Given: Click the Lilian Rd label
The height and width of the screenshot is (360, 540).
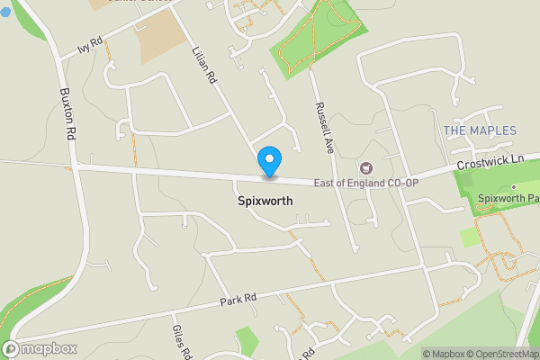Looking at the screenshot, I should pos(205,67).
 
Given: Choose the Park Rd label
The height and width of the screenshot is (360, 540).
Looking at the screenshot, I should pos(238,299).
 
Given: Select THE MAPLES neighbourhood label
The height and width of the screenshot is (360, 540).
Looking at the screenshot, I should pos(481,131).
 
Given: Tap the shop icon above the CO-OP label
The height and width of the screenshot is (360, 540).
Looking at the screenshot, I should pos(365,167).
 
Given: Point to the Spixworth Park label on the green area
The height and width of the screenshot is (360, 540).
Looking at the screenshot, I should pos(509,198).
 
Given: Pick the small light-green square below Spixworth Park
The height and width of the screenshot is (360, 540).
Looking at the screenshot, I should pos(470,238).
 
